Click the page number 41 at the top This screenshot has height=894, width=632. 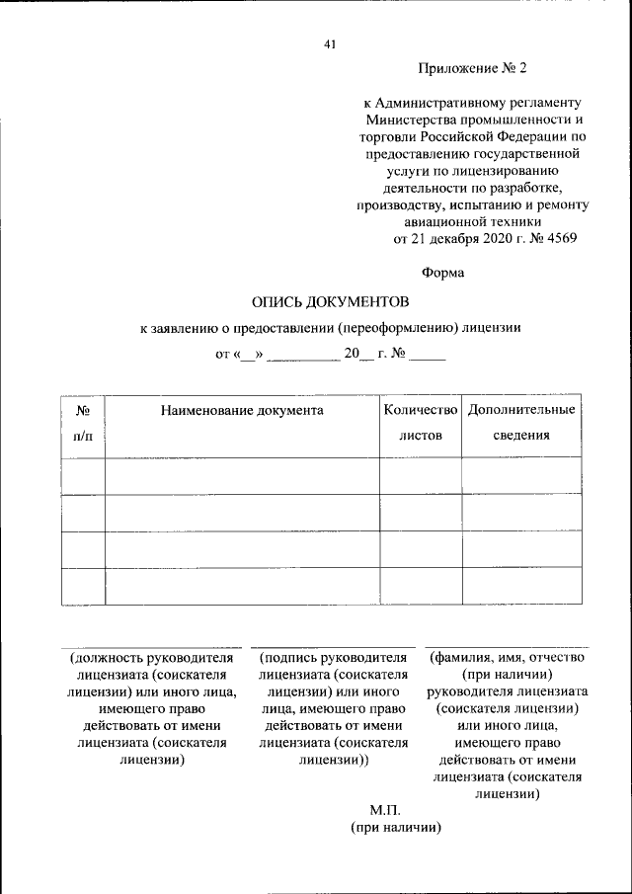[330, 43]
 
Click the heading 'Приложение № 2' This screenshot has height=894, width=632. [473, 68]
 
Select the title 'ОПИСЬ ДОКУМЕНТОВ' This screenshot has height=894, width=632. [330, 300]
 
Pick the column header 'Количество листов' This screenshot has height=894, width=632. [421, 422]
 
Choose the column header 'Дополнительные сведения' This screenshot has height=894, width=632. [521, 422]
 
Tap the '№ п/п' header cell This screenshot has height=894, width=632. [83, 422]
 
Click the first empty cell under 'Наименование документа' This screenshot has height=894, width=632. [242, 475]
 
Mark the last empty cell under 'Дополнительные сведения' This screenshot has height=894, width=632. [521, 586]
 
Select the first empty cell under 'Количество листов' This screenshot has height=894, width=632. [421, 475]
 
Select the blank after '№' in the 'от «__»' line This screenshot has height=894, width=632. [428, 357]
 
